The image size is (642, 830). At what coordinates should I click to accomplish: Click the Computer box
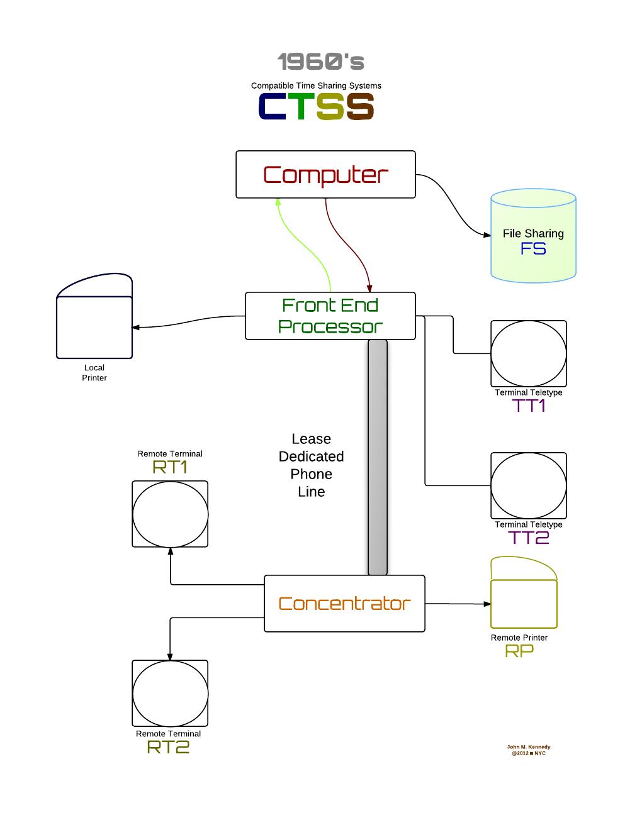click(x=325, y=174)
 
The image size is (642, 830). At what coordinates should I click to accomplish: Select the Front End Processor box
click(x=330, y=316)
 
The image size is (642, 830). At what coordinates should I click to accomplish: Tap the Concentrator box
click(x=344, y=603)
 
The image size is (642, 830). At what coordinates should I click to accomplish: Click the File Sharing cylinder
click(x=533, y=235)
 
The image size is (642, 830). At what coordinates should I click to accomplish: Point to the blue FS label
click(x=533, y=249)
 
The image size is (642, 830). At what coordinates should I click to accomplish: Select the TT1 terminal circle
click(x=529, y=353)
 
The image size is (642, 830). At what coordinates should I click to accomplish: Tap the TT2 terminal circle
click(x=529, y=485)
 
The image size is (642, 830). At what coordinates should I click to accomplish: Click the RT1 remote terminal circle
click(x=170, y=514)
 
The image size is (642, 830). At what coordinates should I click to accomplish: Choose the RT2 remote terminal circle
click(x=170, y=693)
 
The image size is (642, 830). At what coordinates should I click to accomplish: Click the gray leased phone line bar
click(x=378, y=457)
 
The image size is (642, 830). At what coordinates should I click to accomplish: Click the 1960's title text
click(x=321, y=62)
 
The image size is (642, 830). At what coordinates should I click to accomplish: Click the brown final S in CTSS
click(x=360, y=106)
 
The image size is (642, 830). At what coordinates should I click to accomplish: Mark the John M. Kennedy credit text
click(x=529, y=747)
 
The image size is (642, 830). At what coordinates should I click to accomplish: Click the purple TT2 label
click(x=529, y=538)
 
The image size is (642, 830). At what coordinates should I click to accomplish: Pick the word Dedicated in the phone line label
click(x=312, y=456)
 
